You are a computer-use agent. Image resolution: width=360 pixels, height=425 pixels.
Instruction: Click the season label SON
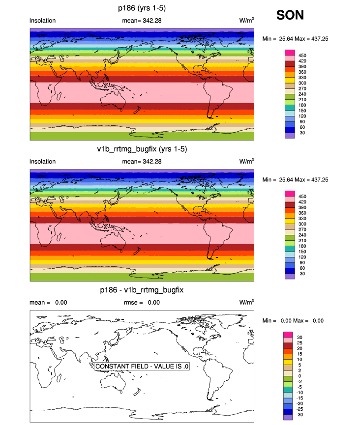tap(290, 15)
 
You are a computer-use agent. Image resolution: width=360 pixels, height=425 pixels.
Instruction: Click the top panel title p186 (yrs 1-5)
tap(142, 8)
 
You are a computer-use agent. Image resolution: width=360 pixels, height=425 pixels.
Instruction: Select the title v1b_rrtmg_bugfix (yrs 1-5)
tap(142, 149)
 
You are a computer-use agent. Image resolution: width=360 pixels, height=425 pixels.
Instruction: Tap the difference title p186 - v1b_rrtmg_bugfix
tap(142, 290)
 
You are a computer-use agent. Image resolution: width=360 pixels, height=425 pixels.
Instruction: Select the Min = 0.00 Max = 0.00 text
tap(293, 321)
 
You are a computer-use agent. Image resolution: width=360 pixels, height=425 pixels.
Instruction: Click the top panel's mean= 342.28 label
tap(142, 20)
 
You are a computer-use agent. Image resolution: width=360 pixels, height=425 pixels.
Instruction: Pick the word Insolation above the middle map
tap(43, 161)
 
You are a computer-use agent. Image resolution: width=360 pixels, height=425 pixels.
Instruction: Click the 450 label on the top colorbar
tap(303, 56)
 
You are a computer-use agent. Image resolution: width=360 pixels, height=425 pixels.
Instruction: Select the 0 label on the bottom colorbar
tap(300, 376)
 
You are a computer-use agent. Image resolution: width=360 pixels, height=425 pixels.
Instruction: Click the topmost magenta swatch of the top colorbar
tap(290, 52)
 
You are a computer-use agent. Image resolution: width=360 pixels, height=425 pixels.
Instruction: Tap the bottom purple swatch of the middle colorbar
tap(290, 276)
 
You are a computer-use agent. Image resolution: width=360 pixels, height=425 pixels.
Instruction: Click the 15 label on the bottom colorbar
tap(301, 354)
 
